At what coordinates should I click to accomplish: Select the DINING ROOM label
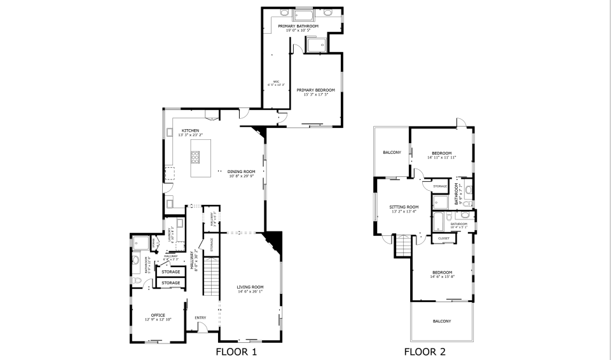(242, 171)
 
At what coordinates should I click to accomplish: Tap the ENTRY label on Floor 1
(201, 317)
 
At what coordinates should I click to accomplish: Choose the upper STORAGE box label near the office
(170, 272)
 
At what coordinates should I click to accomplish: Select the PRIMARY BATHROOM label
(302, 26)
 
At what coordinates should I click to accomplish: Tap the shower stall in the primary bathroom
(315, 44)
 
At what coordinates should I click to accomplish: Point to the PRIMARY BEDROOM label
(315, 90)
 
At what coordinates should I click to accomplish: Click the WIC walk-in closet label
(277, 81)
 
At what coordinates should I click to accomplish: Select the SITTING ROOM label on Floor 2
(404, 207)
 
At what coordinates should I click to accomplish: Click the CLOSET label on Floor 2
(443, 239)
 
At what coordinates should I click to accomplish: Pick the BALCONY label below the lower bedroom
(442, 321)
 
